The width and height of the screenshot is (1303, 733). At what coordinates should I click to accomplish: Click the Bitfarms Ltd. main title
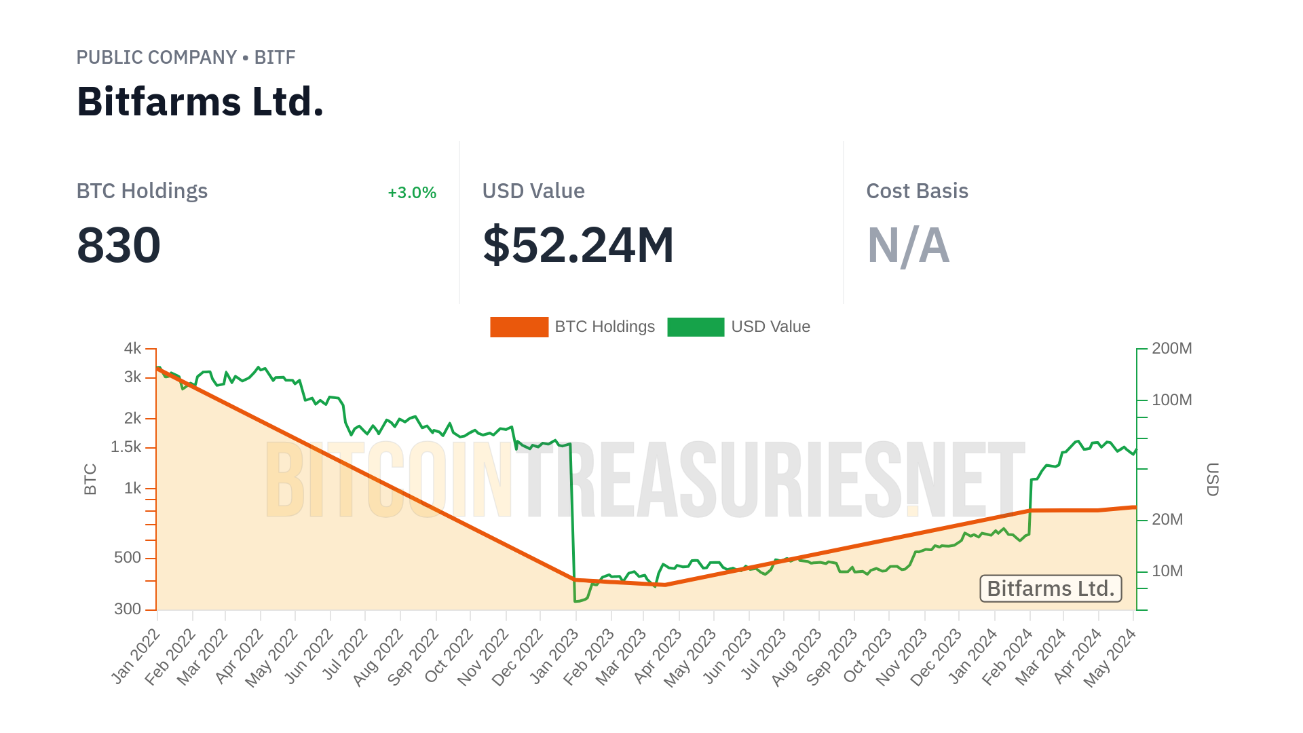point(200,102)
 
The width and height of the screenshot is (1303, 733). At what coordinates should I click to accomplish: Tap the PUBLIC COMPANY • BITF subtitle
point(185,58)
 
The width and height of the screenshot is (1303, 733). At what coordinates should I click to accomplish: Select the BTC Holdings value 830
point(119,246)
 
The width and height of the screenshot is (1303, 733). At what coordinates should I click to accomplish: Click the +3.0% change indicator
point(411,193)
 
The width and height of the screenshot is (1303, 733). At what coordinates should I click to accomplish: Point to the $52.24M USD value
point(578,246)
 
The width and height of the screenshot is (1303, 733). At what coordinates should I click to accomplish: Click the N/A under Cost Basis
point(908,246)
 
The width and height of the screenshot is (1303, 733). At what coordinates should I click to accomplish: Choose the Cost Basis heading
point(917,191)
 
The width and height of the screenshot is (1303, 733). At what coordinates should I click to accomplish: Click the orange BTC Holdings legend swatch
point(519,327)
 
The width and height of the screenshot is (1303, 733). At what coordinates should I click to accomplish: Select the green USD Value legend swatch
point(696,327)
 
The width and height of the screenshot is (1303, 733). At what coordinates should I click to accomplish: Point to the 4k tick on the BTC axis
point(132,349)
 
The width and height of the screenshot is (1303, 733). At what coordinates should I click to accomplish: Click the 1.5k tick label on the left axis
point(126,447)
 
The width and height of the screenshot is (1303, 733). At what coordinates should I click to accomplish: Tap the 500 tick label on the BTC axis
point(128,558)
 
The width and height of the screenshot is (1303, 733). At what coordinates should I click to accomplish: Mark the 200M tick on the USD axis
point(1171,349)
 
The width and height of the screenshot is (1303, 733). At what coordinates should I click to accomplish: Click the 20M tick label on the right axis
point(1167,520)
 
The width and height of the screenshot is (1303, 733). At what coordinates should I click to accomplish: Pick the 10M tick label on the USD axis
point(1167,571)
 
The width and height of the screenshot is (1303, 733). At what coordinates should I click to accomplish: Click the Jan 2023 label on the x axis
point(554,656)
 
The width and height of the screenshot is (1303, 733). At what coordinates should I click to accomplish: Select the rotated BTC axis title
point(90,479)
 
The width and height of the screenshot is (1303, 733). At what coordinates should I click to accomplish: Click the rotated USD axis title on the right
point(1212,479)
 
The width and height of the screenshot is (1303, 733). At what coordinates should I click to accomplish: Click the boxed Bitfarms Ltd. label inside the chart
point(1051,588)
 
